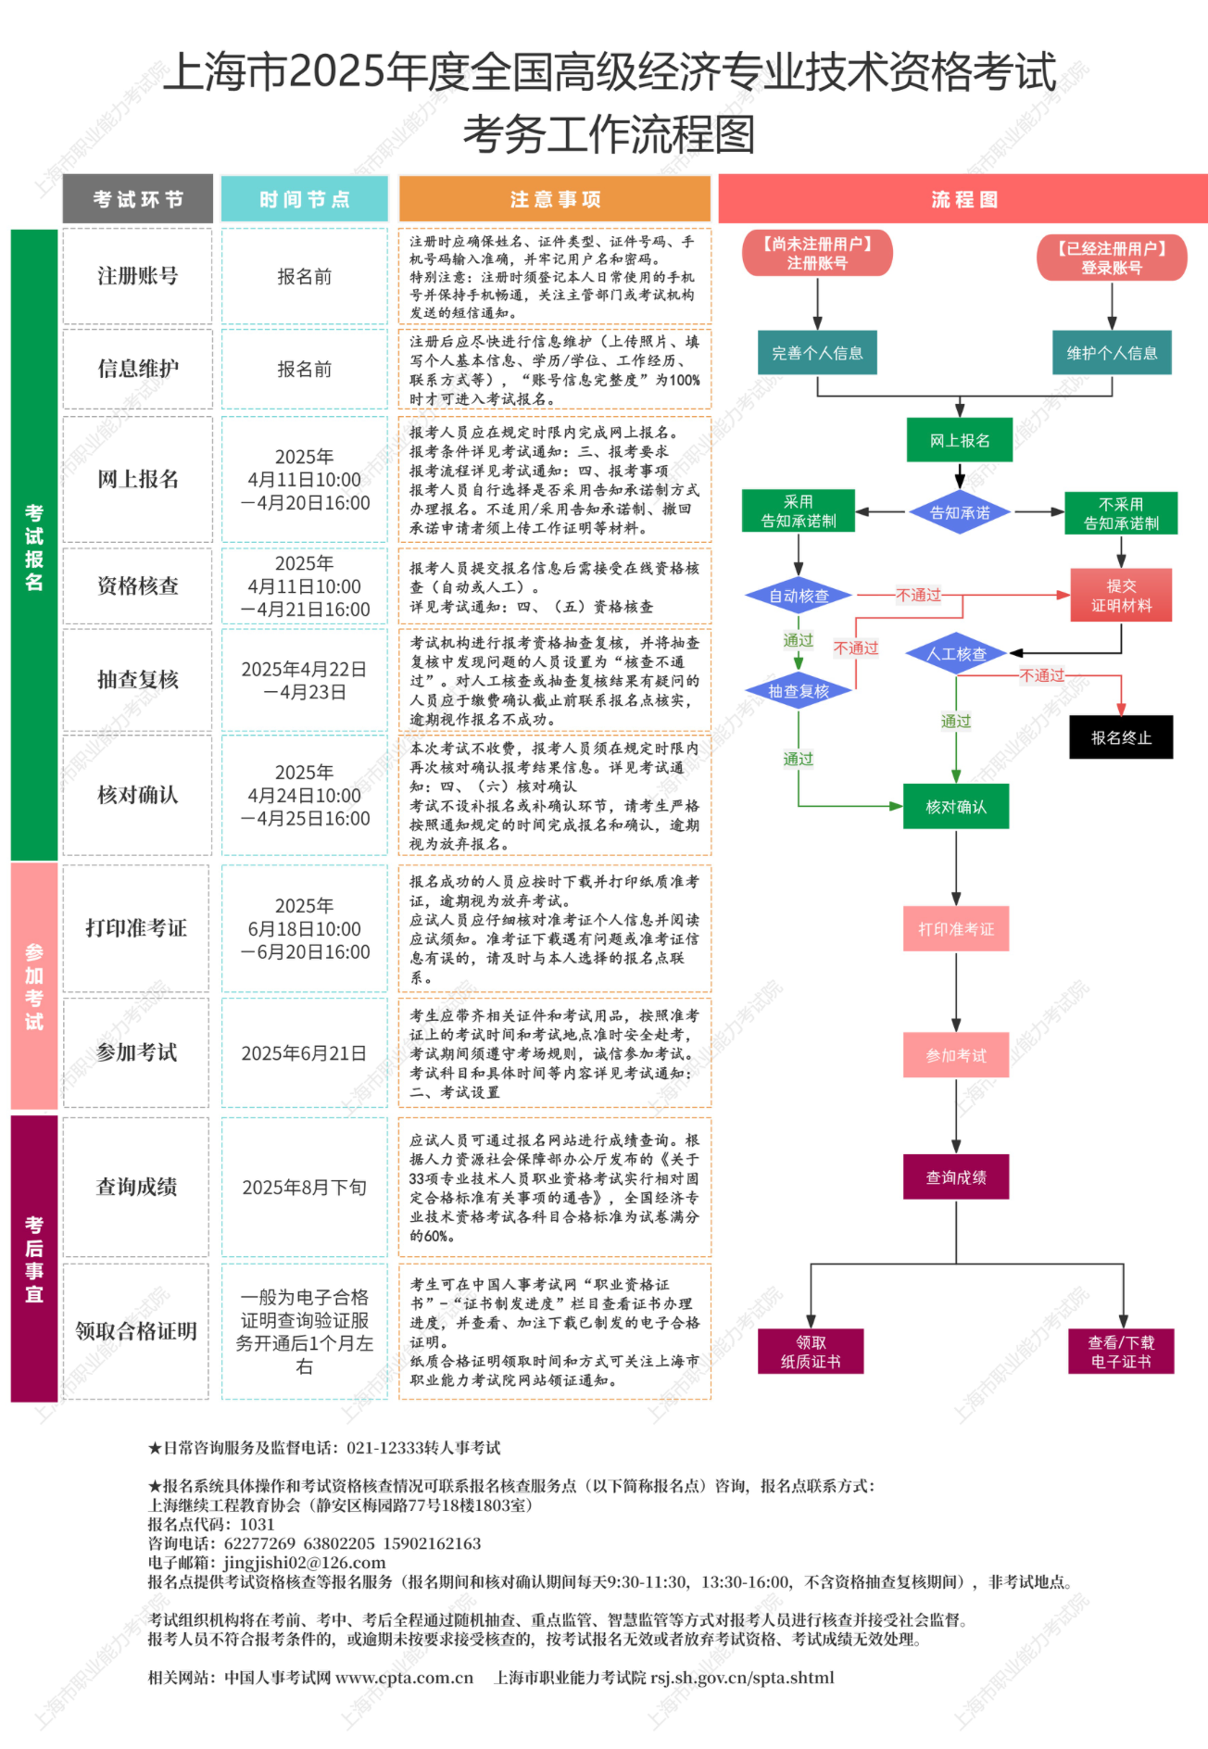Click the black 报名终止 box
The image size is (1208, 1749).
click(1121, 737)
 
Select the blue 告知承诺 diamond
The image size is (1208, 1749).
click(959, 512)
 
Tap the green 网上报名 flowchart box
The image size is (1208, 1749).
click(959, 440)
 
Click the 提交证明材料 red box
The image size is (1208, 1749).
click(1121, 595)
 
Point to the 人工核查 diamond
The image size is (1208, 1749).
click(956, 654)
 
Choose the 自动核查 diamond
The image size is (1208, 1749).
click(799, 596)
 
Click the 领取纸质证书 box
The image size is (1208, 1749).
click(811, 1352)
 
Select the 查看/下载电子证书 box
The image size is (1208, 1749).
click(1121, 1352)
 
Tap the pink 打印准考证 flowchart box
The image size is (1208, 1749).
click(956, 929)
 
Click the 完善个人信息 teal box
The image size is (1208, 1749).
click(817, 353)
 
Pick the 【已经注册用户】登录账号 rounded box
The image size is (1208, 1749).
click(1112, 258)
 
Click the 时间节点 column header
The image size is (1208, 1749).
click(304, 199)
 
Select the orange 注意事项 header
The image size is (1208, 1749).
click(555, 199)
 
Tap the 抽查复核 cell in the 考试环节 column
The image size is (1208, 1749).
click(137, 680)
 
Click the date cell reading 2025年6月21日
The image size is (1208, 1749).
click(304, 1053)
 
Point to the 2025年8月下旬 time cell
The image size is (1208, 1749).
click(304, 1188)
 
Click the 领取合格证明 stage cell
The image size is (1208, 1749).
click(136, 1331)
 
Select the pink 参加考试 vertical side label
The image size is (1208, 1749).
click(34, 987)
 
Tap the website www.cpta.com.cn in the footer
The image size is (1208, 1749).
click(404, 1678)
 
